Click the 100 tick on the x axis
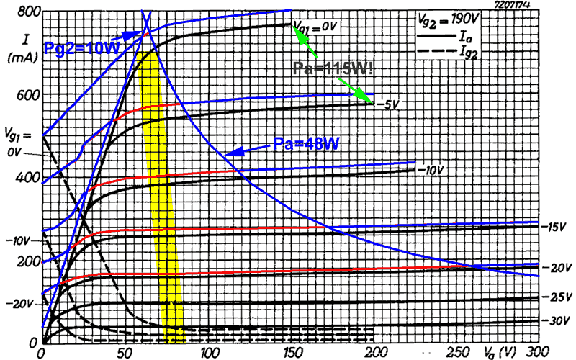[x=209, y=353]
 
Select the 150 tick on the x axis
[x=292, y=353]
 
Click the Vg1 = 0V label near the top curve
[x=315, y=26]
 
